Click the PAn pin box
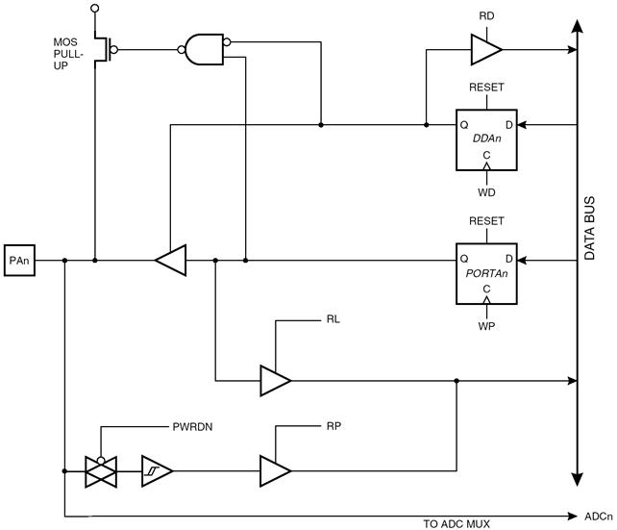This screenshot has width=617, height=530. point(19,261)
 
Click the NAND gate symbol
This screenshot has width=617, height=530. point(204,50)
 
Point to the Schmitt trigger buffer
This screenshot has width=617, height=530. point(157,471)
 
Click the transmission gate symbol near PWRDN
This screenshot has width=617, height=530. point(101,471)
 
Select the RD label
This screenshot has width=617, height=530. point(486,16)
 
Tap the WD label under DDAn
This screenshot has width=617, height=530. point(486,192)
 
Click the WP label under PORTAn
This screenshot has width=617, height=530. point(486,326)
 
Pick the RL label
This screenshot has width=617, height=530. point(333,319)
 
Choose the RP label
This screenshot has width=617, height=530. point(333,426)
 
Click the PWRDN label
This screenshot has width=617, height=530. point(192,427)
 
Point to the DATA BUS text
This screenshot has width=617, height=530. point(589,228)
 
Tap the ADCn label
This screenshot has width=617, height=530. point(599,517)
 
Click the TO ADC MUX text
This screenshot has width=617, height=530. point(457,524)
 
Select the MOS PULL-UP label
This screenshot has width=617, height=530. point(68,54)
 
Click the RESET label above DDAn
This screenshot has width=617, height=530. point(486,87)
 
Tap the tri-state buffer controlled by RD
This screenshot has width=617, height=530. point(486,50)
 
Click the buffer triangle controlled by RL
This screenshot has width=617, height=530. point(276,381)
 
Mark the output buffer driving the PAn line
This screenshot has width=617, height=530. point(171,261)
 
